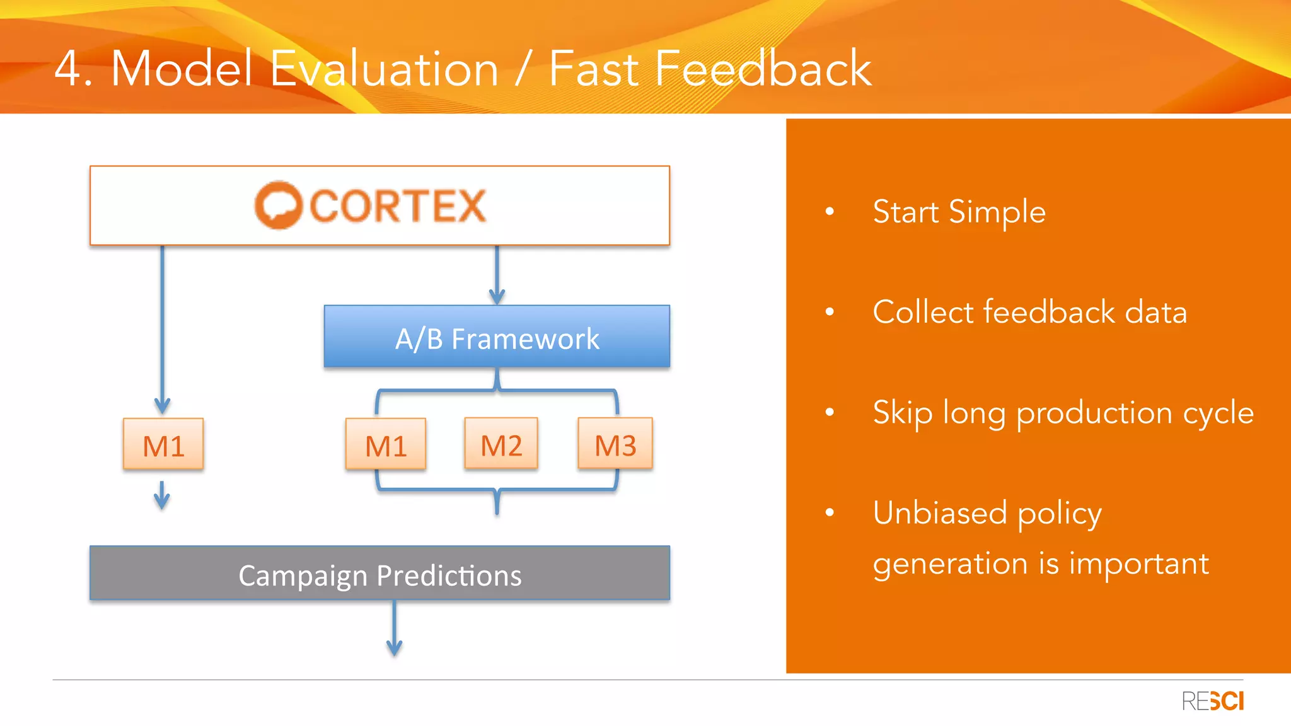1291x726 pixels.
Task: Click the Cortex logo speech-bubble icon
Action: coord(278,205)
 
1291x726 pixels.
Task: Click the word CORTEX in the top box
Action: coord(398,206)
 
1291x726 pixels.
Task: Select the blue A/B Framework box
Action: coord(497,337)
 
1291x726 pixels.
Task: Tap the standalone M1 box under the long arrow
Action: coord(163,445)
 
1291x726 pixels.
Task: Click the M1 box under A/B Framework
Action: coord(386,445)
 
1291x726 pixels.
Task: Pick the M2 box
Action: coord(501,444)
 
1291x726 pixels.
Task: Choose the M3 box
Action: coord(615,444)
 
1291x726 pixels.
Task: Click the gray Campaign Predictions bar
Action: coord(379,574)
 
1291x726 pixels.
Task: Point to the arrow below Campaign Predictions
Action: coord(395,630)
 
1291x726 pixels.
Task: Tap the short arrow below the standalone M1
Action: coord(162,496)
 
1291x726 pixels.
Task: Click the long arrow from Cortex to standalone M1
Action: coord(162,328)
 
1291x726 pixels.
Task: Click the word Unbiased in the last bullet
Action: coord(939,512)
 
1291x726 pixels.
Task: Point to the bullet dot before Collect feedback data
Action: coord(830,311)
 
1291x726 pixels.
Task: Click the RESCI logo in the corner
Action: coord(1212,701)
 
